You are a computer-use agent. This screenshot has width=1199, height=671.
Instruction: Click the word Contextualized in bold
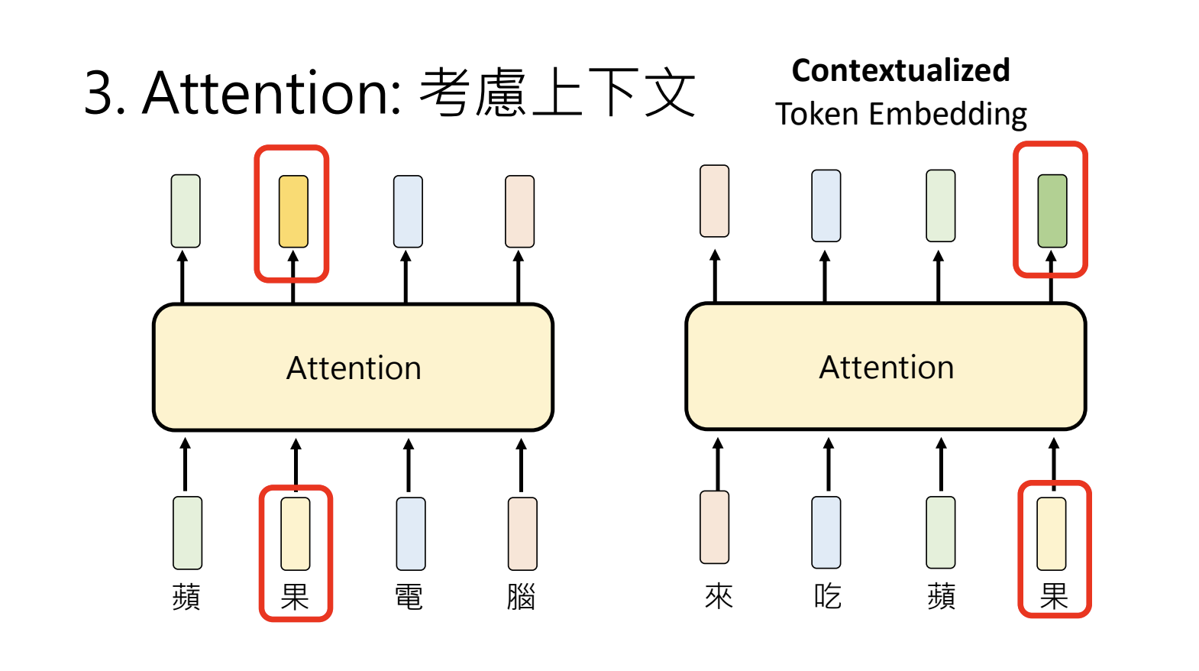[900, 70]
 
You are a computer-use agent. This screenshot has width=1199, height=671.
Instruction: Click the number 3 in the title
[99, 93]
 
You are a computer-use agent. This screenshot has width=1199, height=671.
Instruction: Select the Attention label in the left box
[354, 368]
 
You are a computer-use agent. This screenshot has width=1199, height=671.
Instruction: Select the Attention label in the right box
[886, 368]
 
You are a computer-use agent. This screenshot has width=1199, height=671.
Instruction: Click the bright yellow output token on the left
[293, 212]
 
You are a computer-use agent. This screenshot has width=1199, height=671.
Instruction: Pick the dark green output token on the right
[1052, 211]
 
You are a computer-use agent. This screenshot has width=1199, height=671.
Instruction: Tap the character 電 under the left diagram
[409, 597]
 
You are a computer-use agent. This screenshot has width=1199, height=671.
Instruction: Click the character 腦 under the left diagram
[521, 597]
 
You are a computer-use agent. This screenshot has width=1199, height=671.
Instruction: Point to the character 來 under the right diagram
[719, 596]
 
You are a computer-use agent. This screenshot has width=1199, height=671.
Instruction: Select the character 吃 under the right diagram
[827, 596]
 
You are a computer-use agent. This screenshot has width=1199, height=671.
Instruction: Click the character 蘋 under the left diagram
[186, 597]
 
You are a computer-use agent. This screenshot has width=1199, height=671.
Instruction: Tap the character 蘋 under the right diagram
[941, 596]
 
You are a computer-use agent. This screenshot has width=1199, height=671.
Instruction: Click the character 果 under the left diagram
[295, 597]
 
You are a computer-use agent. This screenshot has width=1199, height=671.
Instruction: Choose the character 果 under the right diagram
[1054, 596]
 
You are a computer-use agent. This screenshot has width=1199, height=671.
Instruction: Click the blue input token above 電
[411, 533]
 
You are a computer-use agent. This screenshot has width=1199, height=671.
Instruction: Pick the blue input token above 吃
[826, 532]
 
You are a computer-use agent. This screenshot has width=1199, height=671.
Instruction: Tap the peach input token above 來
[715, 527]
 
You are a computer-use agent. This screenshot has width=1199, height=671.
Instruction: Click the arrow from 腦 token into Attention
[521, 465]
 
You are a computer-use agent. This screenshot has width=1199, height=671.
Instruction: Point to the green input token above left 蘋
[187, 533]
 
